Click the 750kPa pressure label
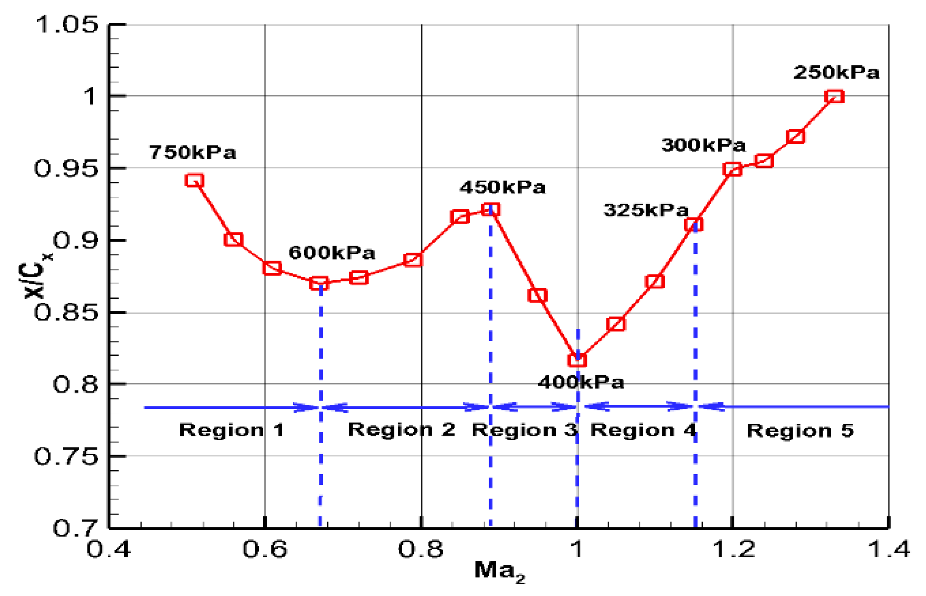click(x=193, y=152)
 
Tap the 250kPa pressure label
click(x=836, y=72)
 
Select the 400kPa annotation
click(x=581, y=382)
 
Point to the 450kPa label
click(x=503, y=187)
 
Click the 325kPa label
click(x=646, y=210)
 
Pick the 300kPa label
click(x=703, y=145)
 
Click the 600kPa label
click(x=332, y=253)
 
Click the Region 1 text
click(x=232, y=430)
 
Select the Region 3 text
click(x=524, y=430)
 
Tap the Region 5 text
click(x=800, y=430)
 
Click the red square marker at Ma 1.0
click(x=577, y=360)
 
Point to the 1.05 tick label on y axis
click(x=67, y=24)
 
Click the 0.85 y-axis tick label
click(x=66, y=313)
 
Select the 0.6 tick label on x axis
click(x=265, y=548)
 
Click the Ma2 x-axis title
click(x=499, y=571)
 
